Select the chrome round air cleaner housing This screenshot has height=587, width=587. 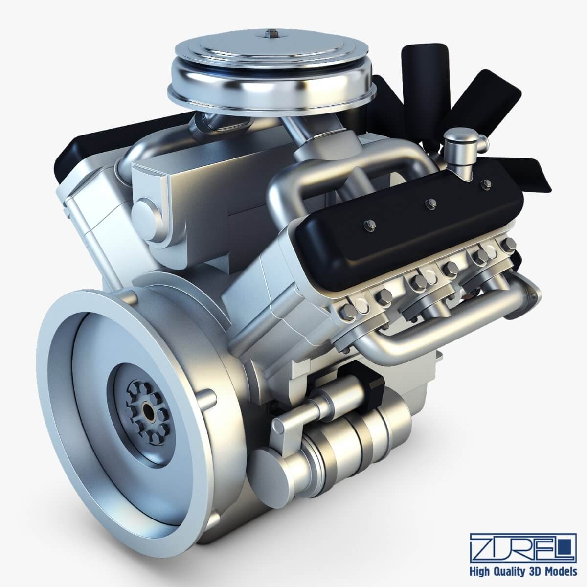click(x=268, y=68)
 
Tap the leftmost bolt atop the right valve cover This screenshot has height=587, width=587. click(x=368, y=226)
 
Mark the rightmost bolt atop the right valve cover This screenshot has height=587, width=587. click(x=485, y=184)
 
